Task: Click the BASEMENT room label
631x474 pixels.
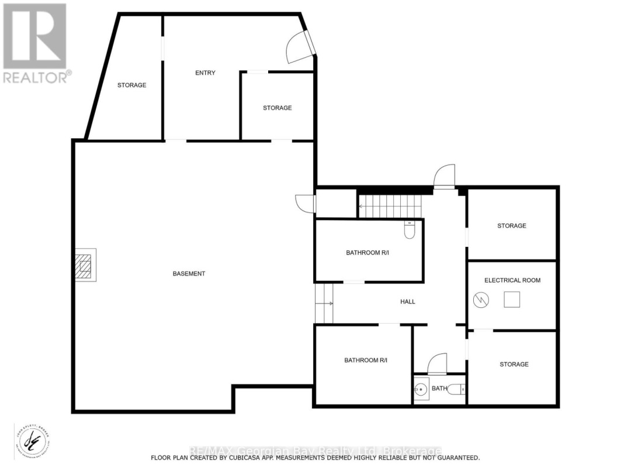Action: tap(189, 273)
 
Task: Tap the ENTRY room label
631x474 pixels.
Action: tap(205, 73)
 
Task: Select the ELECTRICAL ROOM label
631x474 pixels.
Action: tap(512, 280)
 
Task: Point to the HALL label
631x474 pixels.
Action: tap(408, 301)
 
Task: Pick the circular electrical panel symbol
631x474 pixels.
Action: tap(480, 300)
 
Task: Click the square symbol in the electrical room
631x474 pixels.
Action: tap(512, 299)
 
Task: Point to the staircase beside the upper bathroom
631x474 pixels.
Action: tap(389, 207)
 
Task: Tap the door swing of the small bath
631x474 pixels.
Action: tap(438, 364)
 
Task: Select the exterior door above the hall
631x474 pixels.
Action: tap(444, 176)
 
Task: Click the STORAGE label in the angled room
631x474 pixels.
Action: tap(131, 85)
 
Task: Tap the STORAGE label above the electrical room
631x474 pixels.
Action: tap(512, 226)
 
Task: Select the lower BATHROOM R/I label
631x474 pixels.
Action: tap(366, 360)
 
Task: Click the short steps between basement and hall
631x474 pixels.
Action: tap(324, 303)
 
